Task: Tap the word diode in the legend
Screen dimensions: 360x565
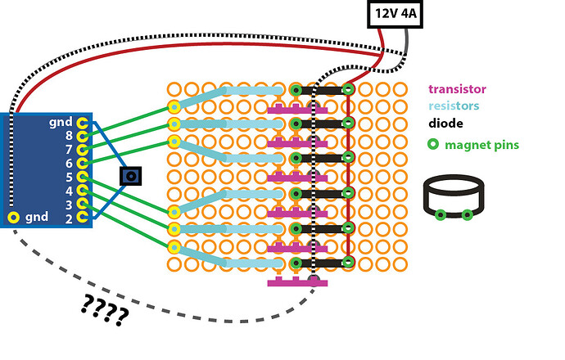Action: pyautogui.click(x=445, y=124)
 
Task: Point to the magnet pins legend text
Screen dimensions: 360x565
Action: pyautogui.click(x=481, y=145)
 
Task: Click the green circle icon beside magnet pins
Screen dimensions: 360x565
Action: pyautogui.click(x=432, y=145)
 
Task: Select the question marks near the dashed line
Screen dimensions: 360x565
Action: pyautogui.click(x=106, y=309)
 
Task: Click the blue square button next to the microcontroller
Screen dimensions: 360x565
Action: pyautogui.click(x=130, y=176)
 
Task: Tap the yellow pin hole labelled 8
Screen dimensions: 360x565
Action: pyautogui.click(x=82, y=136)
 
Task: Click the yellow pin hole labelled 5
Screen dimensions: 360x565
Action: pyautogui.click(x=82, y=176)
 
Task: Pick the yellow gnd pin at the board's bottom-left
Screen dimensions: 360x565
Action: pyautogui.click(x=14, y=217)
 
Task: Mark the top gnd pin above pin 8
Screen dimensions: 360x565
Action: pyautogui.click(x=82, y=122)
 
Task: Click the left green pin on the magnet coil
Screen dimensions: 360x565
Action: pyautogui.click(x=441, y=215)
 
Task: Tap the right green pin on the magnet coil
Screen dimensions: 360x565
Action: pyautogui.click(x=467, y=215)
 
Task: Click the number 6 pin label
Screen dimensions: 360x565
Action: pyautogui.click(x=69, y=163)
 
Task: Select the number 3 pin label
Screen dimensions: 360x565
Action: pyautogui.click(x=69, y=204)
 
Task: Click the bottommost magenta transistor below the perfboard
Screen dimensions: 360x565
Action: pyautogui.click(x=297, y=282)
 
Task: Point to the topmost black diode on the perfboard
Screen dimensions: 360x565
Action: pyautogui.click(x=321, y=89)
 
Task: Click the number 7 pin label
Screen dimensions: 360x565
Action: pyautogui.click(x=69, y=150)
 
